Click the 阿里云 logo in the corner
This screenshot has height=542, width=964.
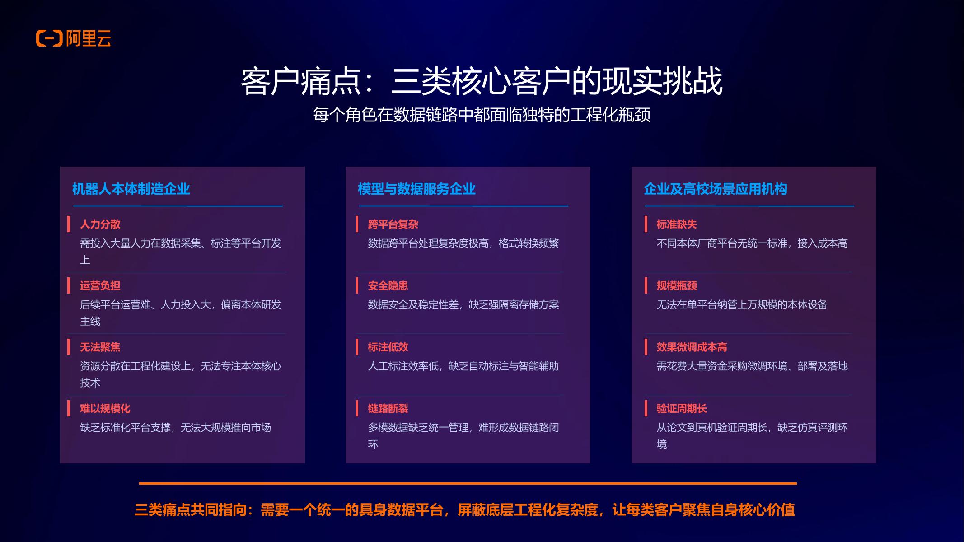click(74, 38)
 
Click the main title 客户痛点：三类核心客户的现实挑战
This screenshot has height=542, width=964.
click(482, 82)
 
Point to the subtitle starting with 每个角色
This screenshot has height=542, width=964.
click(482, 115)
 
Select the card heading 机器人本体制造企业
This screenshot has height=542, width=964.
click(131, 189)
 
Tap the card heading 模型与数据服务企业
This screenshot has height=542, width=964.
click(416, 189)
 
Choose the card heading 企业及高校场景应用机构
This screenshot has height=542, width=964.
click(716, 189)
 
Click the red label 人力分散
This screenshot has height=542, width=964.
click(100, 224)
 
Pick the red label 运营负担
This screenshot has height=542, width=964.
click(100, 285)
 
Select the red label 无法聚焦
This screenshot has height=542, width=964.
click(100, 347)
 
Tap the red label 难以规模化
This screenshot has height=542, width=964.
click(105, 408)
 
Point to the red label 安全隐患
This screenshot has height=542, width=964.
click(388, 285)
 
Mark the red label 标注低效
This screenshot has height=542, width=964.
click(388, 347)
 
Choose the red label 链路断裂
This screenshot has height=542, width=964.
click(388, 408)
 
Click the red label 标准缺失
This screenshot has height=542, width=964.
click(677, 224)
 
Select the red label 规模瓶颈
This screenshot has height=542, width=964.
click(677, 285)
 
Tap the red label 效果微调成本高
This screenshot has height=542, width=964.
click(692, 347)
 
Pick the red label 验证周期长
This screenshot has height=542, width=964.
click(682, 408)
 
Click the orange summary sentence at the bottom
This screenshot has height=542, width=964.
click(465, 510)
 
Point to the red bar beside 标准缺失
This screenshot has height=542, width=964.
click(646, 224)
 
